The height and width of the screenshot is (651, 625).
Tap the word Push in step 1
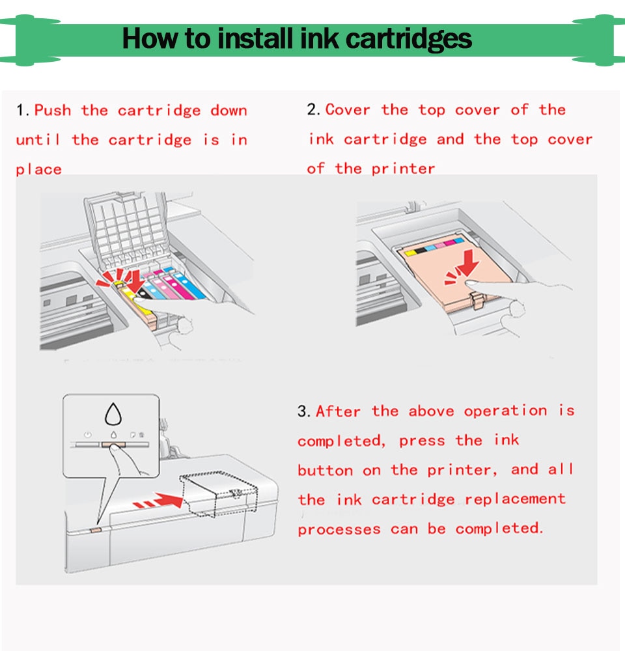(x=53, y=110)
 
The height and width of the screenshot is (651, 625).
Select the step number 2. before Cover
(x=314, y=110)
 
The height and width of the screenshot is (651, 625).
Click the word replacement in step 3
(x=516, y=500)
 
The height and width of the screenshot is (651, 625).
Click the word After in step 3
(x=338, y=411)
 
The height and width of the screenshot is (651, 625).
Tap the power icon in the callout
(x=88, y=434)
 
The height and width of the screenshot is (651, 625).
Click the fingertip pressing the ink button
(x=115, y=449)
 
